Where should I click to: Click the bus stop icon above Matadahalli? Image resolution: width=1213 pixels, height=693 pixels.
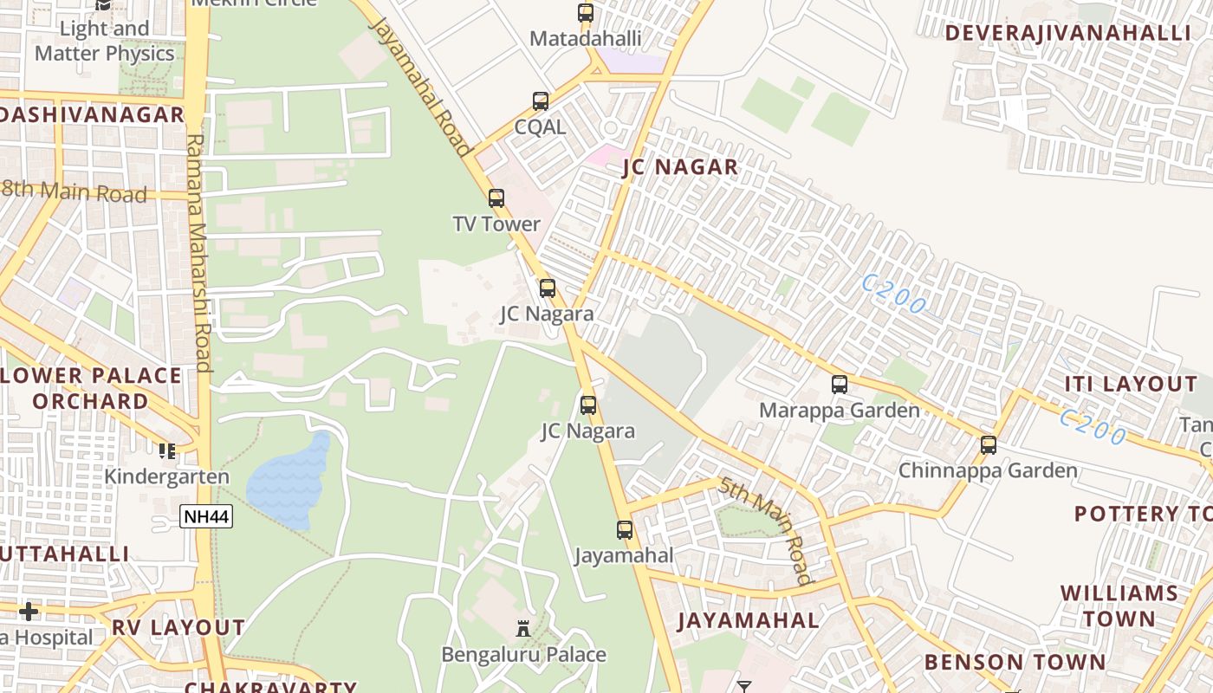click(586, 13)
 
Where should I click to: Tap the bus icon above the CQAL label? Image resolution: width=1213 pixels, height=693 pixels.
click(541, 101)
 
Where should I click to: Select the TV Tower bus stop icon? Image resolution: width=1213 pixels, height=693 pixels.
click(496, 198)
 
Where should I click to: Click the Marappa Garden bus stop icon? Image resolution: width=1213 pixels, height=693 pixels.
click(840, 385)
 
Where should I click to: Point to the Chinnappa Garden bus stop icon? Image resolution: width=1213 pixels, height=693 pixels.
click(989, 445)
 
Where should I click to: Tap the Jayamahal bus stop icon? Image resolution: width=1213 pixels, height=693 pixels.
click(625, 530)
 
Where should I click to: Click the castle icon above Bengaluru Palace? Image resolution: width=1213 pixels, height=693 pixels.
click(523, 628)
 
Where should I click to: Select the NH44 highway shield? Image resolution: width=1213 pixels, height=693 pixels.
click(206, 517)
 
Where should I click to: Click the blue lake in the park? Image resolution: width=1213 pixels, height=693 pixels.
click(289, 481)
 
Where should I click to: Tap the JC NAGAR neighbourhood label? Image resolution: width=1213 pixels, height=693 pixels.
click(680, 167)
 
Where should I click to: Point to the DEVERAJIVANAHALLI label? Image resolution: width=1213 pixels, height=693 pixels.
click(1068, 34)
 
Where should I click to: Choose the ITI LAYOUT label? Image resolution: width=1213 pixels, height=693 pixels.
click(1131, 384)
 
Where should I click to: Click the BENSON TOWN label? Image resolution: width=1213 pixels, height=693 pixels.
click(1015, 663)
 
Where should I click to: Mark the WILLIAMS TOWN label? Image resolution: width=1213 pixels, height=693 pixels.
click(1119, 606)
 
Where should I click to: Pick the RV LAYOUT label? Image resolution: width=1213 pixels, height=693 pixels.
click(178, 627)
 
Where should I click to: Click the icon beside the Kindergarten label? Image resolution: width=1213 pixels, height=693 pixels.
click(167, 450)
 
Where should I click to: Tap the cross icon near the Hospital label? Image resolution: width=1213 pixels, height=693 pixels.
click(29, 612)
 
